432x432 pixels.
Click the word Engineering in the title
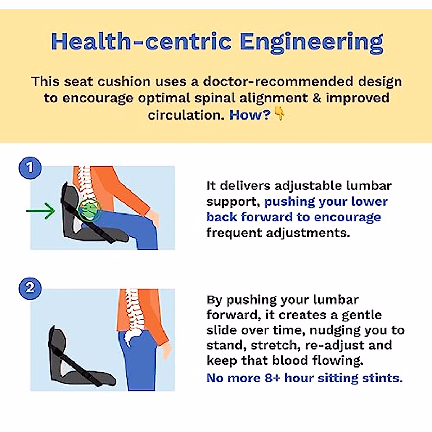coord(311,42)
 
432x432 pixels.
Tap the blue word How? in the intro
coord(249,115)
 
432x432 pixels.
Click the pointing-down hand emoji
coord(279,114)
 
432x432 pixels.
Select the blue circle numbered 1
coord(30,167)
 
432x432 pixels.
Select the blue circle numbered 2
coord(30,288)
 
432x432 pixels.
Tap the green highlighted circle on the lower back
coord(89,210)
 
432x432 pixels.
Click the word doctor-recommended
coord(278,81)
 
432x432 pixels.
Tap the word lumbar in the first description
coord(369,186)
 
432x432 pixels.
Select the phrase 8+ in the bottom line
coord(273,378)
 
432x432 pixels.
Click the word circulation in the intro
coord(186,115)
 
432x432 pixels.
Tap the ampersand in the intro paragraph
coord(317,98)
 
